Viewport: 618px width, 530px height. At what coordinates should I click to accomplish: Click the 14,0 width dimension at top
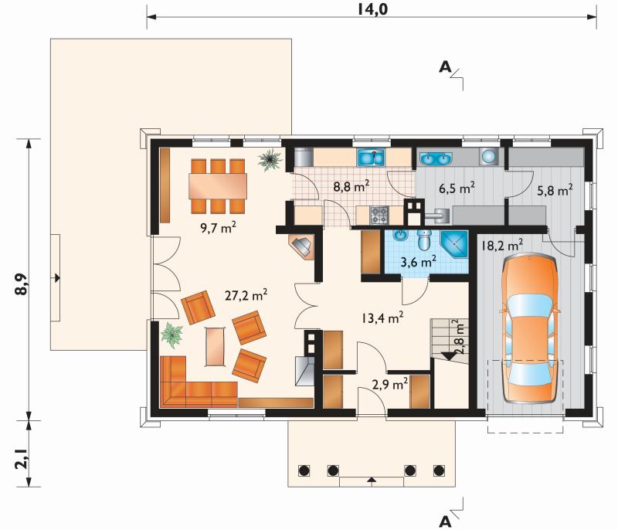(x=372, y=8)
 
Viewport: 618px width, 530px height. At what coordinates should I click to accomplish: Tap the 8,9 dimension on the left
(x=22, y=284)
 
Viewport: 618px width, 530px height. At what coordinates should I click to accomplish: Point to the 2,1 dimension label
(x=22, y=459)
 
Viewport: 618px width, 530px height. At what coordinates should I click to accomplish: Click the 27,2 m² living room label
(x=246, y=295)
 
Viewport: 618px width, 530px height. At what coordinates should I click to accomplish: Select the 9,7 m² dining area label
(x=219, y=227)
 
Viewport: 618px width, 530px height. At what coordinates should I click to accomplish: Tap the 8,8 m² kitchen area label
(x=351, y=186)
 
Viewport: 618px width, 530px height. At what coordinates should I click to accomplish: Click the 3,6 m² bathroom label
(x=418, y=262)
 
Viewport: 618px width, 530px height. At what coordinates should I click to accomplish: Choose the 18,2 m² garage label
(x=501, y=246)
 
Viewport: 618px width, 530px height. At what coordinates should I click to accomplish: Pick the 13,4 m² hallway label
(x=382, y=318)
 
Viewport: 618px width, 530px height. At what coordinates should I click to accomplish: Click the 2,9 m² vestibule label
(x=390, y=384)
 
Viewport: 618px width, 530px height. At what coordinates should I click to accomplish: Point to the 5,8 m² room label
(x=555, y=191)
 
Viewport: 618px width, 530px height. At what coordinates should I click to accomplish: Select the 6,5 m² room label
(x=457, y=189)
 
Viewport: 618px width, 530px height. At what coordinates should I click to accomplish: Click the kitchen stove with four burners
(x=379, y=215)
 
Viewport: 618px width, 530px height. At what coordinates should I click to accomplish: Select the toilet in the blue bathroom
(x=424, y=240)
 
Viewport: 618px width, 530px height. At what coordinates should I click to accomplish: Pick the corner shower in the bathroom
(x=454, y=244)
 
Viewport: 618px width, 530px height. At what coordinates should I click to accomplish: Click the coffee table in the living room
(x=216, y=347)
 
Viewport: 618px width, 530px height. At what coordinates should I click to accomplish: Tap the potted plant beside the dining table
(x=270, y=159)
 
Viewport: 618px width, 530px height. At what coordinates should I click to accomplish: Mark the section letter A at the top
(x=445, y=67)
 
